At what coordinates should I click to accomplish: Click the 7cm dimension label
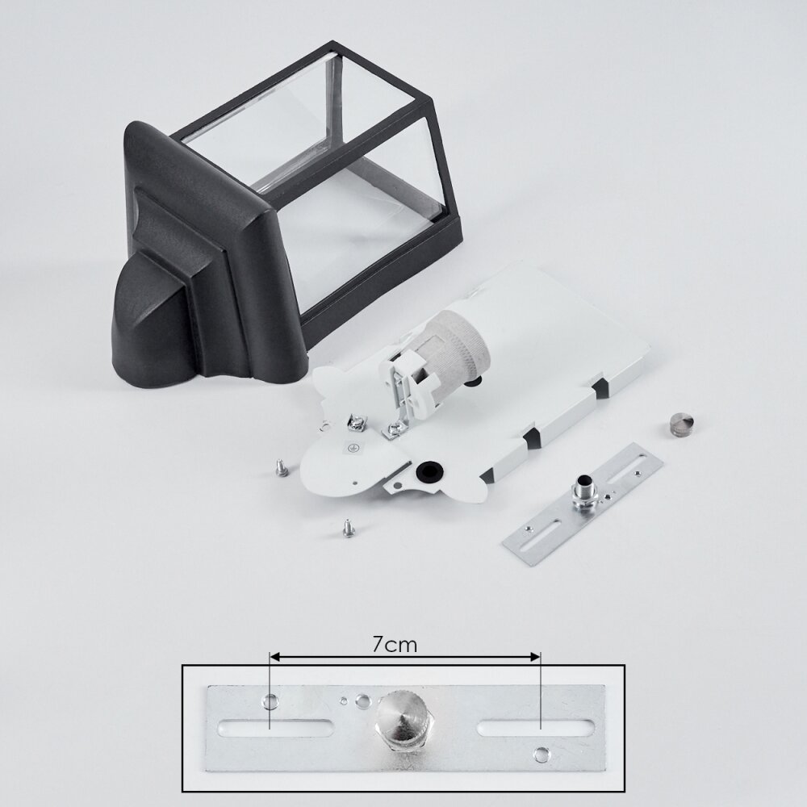pos(395,644)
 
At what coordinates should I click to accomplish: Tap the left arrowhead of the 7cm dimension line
pos(274,657)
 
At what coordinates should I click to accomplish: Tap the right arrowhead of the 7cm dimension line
pos(536,657)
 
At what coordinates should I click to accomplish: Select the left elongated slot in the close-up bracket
pos(276,728)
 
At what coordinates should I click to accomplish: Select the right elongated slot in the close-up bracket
pos(535,728)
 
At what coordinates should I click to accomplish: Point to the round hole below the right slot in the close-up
pos(541,755)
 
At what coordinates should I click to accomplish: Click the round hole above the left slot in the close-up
pos(270,700)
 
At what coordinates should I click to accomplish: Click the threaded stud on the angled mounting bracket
pos(584,487)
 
